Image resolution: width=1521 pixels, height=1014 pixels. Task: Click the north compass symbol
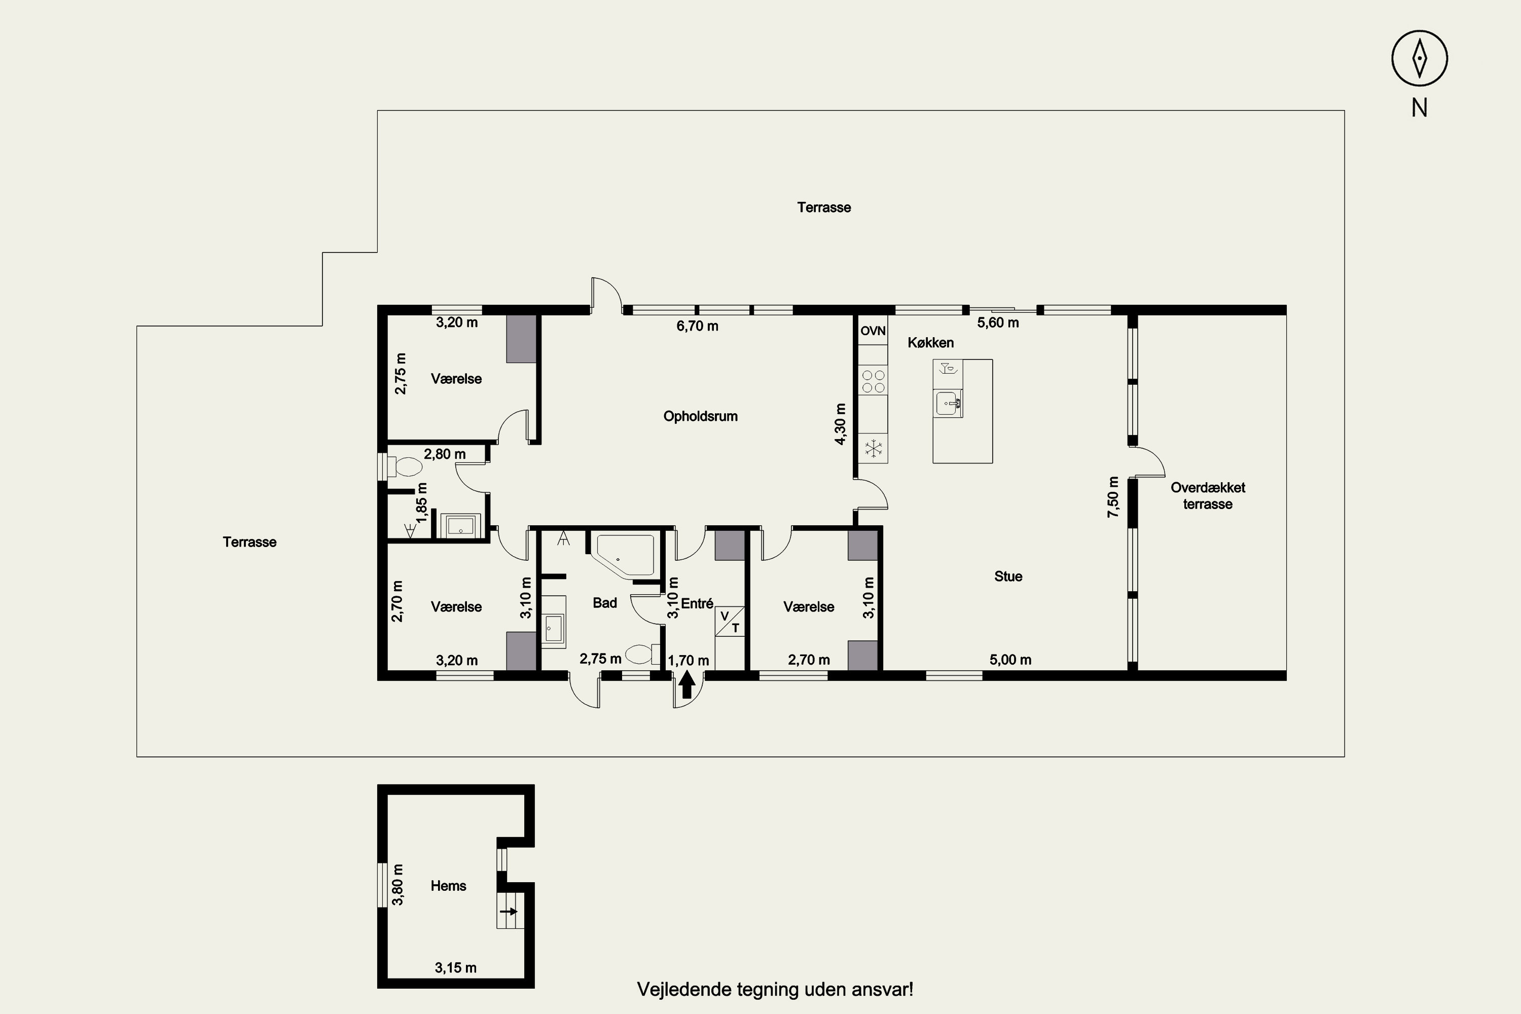click(x=1420, y=58)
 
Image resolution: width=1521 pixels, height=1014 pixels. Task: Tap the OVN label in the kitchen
click(x=873, y=331)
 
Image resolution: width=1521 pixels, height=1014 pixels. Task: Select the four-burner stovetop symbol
click(x=873, y=381)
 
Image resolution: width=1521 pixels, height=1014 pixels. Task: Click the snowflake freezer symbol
click(x=874, y=448)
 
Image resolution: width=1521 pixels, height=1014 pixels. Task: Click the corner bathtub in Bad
click(x=625, y=555)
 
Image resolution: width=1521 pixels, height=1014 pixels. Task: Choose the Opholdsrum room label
click(x=700, y=416)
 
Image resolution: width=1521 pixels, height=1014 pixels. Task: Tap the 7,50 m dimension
click(x=1113, y=497)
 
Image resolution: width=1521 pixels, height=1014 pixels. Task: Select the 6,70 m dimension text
click(x=697, y=326)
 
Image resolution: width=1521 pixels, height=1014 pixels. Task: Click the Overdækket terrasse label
click(x=1207, y=496)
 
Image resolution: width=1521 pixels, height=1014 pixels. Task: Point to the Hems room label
click(x=448, y=886)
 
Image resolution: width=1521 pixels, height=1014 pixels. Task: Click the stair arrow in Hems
click(x=509, y=912)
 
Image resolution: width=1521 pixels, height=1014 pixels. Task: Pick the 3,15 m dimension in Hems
click(x=455, y=968)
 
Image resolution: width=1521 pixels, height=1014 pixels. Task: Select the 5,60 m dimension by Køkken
click(x=998, y=322)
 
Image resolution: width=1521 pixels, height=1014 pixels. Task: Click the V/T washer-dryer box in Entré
click(x=730, y=622)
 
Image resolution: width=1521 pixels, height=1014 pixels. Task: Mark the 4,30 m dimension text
click(x=840, y=424)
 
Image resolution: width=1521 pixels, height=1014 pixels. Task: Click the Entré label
click(x=697, y=603)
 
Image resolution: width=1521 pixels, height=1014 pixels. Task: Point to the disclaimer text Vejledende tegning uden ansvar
click(x=775, y=990)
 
